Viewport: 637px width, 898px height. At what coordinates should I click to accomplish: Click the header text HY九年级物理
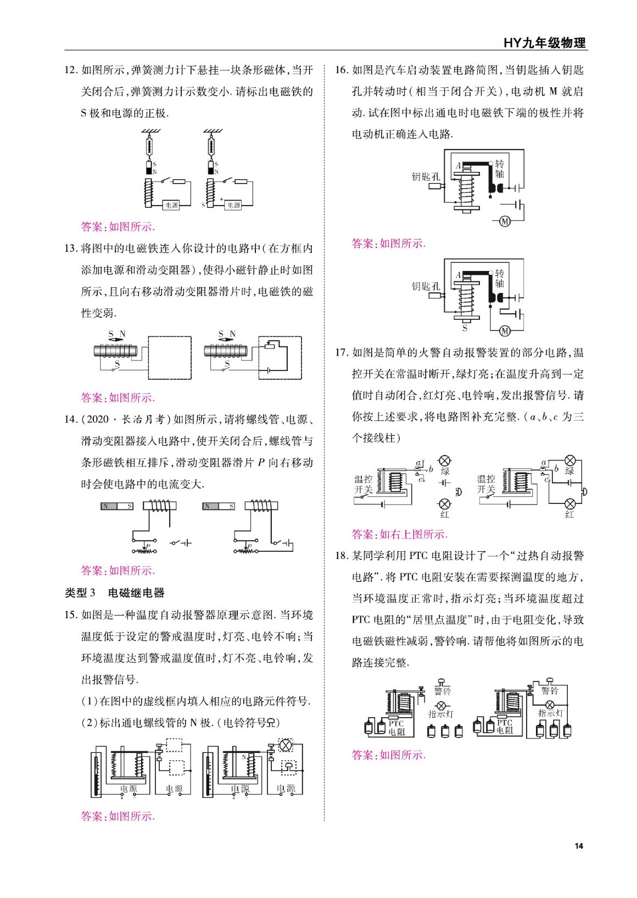[544, 43]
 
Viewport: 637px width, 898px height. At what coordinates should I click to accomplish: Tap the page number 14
[578, 846]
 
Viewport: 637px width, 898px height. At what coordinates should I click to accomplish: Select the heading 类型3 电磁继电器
[115, 593]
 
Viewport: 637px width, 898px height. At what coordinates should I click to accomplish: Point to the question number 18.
[342, 556]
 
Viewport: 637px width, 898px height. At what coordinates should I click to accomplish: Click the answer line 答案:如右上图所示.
[399, 534]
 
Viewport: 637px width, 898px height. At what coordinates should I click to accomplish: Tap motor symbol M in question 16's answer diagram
[504, 330]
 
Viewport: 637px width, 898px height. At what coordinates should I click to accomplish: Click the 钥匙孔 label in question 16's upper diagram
[426, 177]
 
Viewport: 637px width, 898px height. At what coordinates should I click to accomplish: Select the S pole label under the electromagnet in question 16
[465, 328]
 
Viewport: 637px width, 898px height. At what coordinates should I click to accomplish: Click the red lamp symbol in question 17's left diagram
[444, 504]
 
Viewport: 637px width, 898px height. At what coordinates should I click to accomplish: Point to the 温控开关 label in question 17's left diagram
[364, 484]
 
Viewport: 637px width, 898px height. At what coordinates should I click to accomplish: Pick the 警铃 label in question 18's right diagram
[549, 691]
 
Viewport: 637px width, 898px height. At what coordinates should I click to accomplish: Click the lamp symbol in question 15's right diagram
[286, 745]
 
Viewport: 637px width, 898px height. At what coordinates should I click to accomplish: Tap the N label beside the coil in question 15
[244, 757]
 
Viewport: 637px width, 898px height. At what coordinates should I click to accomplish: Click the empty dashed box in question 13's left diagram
[170, 358]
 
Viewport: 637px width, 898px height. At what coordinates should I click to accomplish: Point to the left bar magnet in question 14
[117, 506]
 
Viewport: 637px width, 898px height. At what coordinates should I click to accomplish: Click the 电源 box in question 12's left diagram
[171, 205]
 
